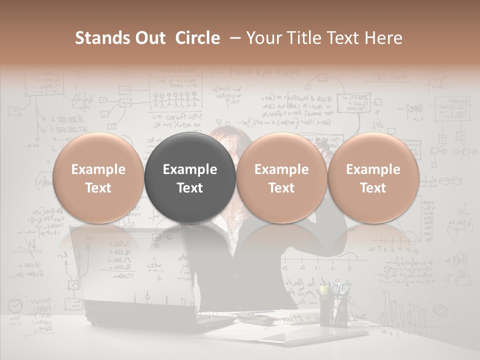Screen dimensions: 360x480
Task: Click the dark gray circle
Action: [x=190, y=178]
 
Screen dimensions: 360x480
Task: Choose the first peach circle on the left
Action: [x=98, y=178]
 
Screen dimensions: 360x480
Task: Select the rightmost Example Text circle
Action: [x=373, y=178]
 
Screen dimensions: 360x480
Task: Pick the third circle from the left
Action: [x=281, y=178]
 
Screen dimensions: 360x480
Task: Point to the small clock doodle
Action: [x=16, y=305]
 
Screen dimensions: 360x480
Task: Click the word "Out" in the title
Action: [x=150, y=38]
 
